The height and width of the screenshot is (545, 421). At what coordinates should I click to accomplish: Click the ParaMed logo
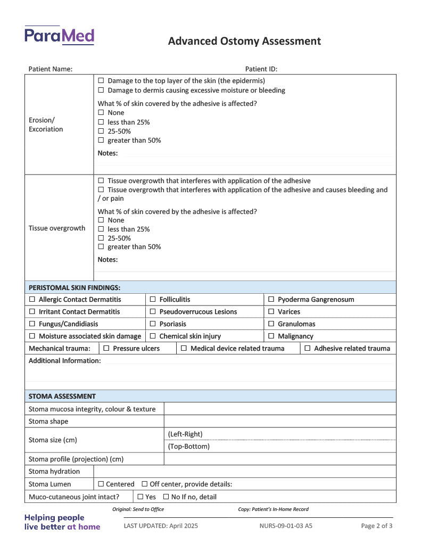(x=59, y=36)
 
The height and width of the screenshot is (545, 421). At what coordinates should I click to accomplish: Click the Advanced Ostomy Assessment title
(x=244, y=41)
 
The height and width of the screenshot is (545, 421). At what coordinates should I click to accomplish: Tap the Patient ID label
(x=261, y=69)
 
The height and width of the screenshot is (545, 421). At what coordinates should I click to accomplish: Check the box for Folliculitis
(x=153, y=300)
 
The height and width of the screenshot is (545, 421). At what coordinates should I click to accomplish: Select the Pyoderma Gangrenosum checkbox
(x=271, y=300)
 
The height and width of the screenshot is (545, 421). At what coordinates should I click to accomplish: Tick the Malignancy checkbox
(x=271, y=336)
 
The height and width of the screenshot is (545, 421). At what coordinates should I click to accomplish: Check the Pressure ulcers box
(x=106, y=349)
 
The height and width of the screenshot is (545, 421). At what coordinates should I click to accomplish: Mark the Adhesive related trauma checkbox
(x=308, y=349)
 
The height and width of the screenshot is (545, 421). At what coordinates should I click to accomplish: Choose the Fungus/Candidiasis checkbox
(x=32, y=324)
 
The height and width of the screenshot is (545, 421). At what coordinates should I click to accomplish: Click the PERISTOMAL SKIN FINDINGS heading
(x=75, y=287)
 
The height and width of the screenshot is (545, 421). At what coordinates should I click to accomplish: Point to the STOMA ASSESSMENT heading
(x=62, y=397)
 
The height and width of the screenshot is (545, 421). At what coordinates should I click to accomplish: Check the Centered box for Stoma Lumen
(x=101, y=484)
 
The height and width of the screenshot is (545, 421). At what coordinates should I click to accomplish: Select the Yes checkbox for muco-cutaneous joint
(x=141, y=497)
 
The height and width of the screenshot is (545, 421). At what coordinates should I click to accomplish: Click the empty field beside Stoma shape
(x=279, y=422)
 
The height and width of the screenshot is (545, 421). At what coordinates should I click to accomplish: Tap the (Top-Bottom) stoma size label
(x=189, y=447)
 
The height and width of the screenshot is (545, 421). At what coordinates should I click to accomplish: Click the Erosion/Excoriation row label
(x=46, y=125)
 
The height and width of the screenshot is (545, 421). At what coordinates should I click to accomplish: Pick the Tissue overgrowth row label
(x=57, y=228)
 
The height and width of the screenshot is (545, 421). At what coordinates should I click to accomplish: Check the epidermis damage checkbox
(x=101, y=81)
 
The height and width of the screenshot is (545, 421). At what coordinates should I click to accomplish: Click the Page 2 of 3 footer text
(x=377, y=526)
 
